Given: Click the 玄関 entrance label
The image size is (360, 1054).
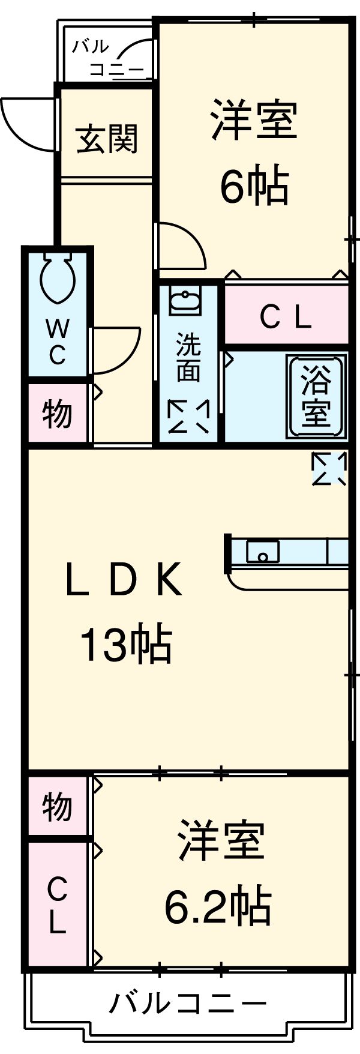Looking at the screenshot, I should (x=107, y=139).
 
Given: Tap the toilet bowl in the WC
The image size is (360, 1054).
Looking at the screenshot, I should (x=58, y=277).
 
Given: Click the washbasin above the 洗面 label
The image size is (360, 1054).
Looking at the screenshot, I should (x=186, y=301).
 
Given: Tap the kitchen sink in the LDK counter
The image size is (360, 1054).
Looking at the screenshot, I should (x=262, y=551).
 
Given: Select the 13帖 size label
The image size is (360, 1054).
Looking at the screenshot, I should (x=126, y=644).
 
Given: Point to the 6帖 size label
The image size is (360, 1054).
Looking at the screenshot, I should (x=254, y=186).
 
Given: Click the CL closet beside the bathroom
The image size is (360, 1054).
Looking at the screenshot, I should (x=286, y=318).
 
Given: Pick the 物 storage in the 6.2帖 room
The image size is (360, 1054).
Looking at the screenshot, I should (x=57, y=807).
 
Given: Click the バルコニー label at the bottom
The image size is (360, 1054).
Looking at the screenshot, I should (x=187, y=1002).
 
